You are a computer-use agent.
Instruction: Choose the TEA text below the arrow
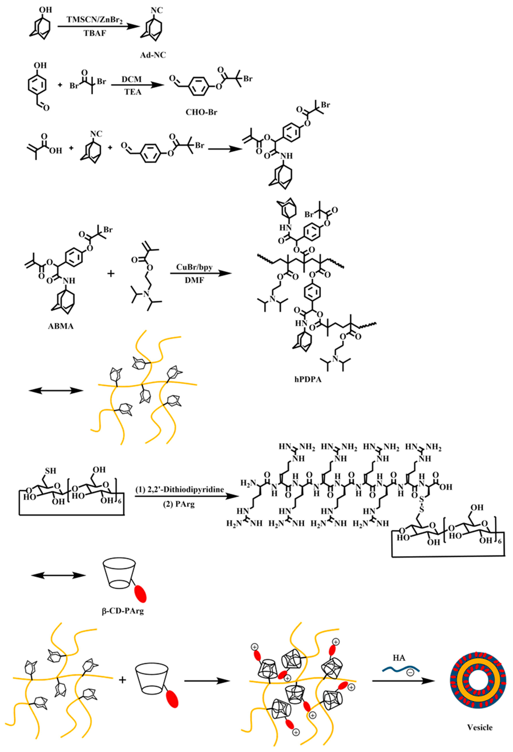pos(132,92)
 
